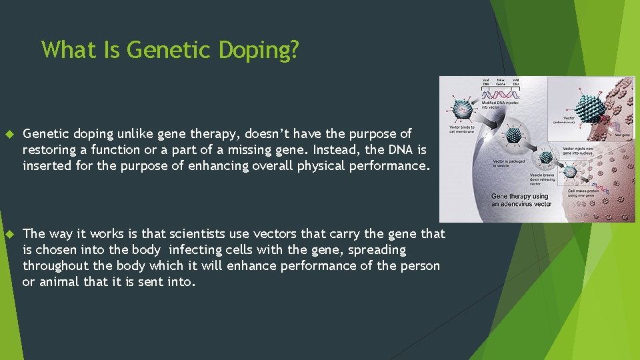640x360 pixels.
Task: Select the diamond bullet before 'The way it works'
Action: click(9, 234)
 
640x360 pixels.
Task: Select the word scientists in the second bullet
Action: click(201, 233)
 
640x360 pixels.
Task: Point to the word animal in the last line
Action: click(60, 282)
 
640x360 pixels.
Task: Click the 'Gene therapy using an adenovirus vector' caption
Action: click(521, 200)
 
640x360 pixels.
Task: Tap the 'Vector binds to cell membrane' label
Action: click(463, 129)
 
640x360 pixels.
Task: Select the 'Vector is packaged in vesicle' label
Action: click(509, 163)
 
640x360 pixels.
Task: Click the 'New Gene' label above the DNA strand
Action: click(501, 82)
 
